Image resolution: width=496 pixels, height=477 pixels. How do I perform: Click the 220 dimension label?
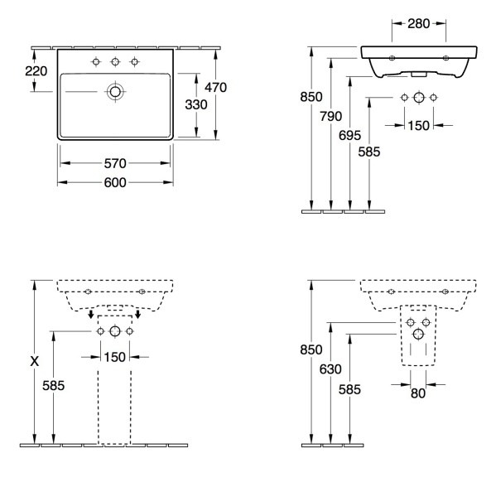click(36, 71)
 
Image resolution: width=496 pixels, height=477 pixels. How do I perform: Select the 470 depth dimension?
click(215, 88)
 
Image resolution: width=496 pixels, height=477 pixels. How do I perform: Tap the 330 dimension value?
click(196, 104)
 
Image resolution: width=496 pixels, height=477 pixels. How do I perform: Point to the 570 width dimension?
click(115, 163)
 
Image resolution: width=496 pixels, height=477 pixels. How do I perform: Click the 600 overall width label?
click(115, 182)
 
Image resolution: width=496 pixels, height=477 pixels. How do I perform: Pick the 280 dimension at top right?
click(418, 24)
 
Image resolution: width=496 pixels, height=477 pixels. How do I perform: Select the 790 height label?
click(330, 117)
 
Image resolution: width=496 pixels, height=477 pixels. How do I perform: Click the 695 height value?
click(349, 136)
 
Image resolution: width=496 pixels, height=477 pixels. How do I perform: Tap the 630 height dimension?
click(330, 369)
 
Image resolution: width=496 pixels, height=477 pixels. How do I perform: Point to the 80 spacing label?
click(418, 393)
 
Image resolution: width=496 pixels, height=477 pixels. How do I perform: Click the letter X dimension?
click(35, 361)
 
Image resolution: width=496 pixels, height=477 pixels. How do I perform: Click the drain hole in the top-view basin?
click(115, 92)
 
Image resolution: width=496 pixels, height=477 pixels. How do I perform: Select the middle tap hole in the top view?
click(115, 61)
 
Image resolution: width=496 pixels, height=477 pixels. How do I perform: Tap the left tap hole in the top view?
click(96, 61)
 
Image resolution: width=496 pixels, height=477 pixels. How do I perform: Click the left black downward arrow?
click(91, 314)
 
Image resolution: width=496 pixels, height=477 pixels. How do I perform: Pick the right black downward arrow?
click(138, 314)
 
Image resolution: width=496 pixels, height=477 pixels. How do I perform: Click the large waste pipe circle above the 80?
click(418, 334)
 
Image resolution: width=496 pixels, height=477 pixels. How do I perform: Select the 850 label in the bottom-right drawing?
click(311, 349)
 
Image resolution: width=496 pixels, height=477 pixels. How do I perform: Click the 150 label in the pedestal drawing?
click(115, 358)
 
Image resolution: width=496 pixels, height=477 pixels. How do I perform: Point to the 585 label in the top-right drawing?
click(368, 152)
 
